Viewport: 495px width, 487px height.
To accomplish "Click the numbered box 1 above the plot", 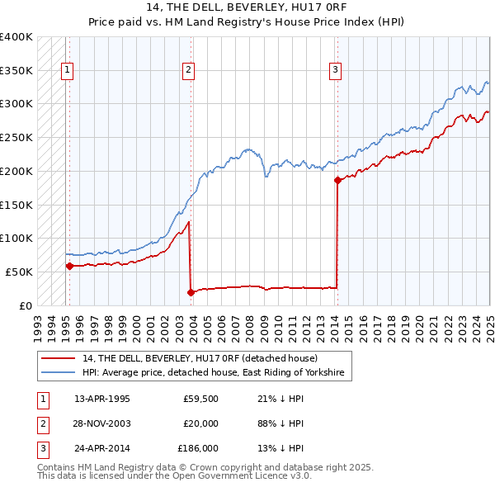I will click(x=66, y=70).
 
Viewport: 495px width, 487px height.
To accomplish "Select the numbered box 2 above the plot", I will click(x=188, y=70).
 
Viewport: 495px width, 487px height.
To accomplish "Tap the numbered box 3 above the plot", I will click(x=336, y=70).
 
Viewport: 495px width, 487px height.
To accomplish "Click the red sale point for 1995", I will click(x=69, y=266).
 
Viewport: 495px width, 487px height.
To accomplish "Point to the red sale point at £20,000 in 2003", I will click(x=191, y=291).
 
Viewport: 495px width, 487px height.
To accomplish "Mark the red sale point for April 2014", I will click(x=337, y=180).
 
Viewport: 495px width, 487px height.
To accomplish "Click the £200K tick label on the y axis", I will click(x=16, y=171).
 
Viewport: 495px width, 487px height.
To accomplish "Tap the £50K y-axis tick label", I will click(x=20, y=272).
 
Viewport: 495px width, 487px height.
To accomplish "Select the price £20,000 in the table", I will click(x=200, y=423).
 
